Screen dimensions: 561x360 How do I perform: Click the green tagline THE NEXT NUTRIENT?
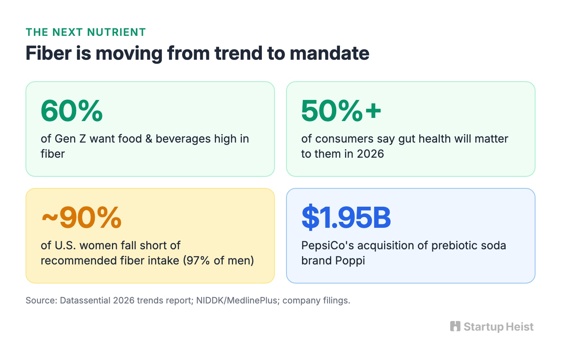tap(86, 32)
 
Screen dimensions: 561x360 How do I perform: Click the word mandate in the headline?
tap(330, 53)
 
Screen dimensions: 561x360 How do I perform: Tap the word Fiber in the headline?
tap(49, 53)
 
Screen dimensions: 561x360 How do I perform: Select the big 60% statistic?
tap(72, 110)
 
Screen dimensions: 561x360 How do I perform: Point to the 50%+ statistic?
tap(341, 110)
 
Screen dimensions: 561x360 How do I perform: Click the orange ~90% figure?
tap(81, 217)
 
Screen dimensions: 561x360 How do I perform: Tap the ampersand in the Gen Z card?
tap(149, 139)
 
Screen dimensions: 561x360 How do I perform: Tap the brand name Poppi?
tap(350, 261)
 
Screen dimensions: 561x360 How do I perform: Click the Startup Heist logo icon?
tap(455, 327)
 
